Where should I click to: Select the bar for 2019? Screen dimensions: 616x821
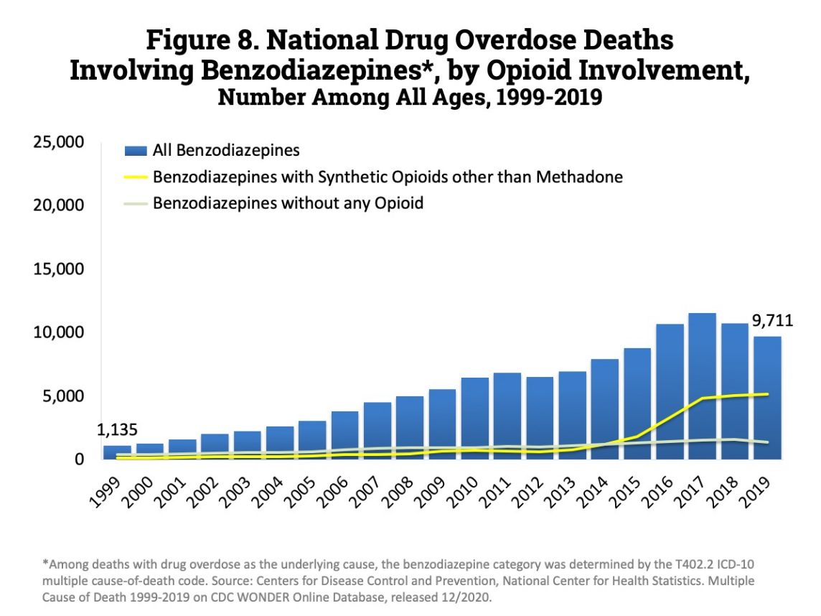(x=767, y=398)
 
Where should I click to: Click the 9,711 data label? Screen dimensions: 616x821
(x=772, y=320)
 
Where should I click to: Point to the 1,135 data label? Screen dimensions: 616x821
(x=117, y=430)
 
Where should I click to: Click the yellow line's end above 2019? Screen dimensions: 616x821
(x=767, y=394)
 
